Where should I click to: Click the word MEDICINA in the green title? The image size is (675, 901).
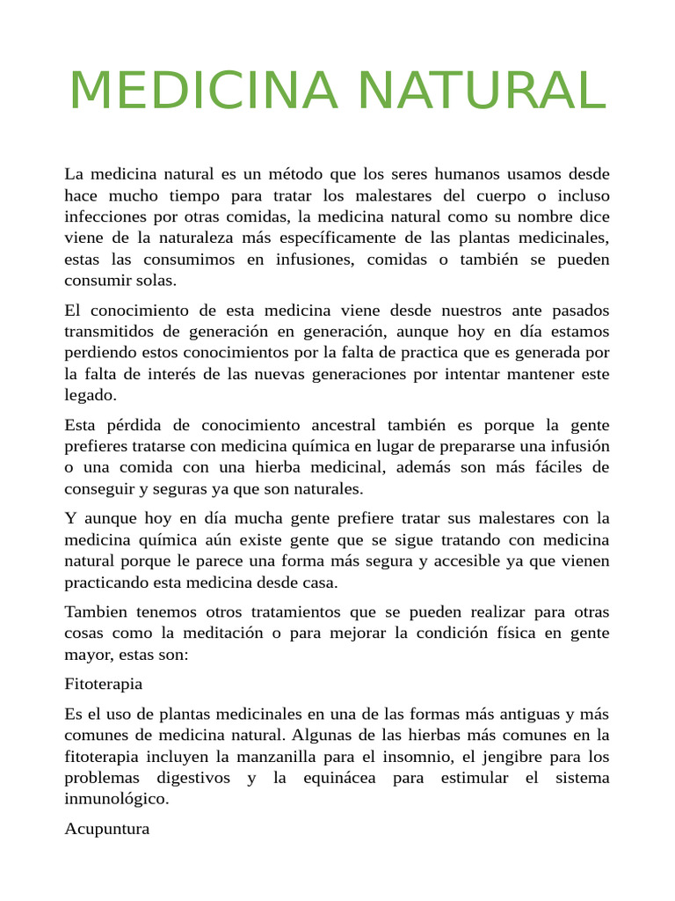point(204,90)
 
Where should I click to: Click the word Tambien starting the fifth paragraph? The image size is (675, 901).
point(96,612)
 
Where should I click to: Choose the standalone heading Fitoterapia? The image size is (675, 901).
point(104,684)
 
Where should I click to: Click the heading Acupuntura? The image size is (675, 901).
point(107,829)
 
